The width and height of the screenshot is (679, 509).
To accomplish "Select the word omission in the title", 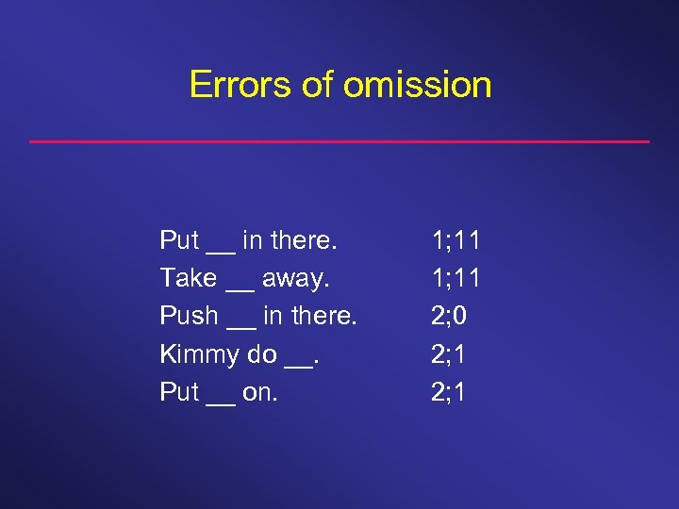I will pyautogui.click(x=417, y=85).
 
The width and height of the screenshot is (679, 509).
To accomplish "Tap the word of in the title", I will pyautogui.click(x=319, y=85).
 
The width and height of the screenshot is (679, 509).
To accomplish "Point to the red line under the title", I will pyautogui.click(x=339, y=141).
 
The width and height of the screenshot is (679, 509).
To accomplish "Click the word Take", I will pyautogui.click(x=189, y=278).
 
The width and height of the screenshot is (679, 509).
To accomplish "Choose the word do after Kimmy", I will pyautogui.click(x=261, y=353).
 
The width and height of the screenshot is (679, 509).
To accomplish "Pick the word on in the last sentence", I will pyautogui.click(x=259, y=392).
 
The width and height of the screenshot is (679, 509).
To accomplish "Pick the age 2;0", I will pyautogui.click(x=451, y=316).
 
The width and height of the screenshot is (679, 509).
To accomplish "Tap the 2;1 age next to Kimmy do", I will pyautogui.click(x=450, y=353).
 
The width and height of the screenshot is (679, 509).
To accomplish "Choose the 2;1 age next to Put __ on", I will pyautogui.click(x=450, y=391).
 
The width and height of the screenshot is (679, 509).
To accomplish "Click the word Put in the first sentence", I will pyautogui.click(x=179, y=240).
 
